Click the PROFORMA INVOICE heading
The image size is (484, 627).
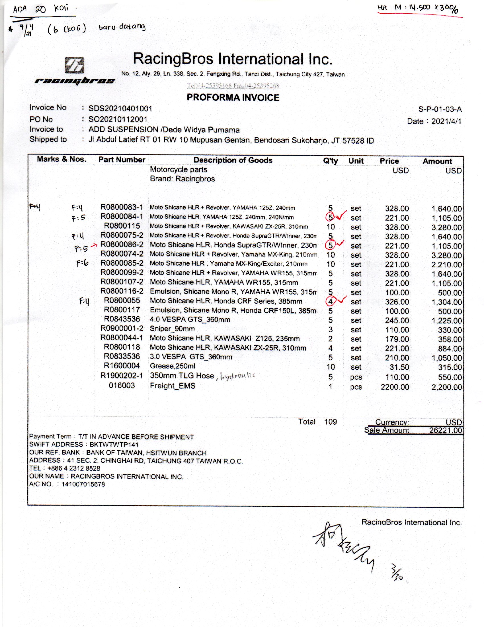(x=233, y=97)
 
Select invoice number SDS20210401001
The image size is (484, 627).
(x=120, y=109)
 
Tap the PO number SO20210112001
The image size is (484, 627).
(x=118, y=119)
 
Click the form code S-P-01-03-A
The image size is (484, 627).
(x=440, y=109)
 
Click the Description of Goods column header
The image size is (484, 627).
(x=233, y=160)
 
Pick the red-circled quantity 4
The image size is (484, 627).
(x=330, y=302)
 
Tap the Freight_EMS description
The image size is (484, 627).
(x=173, y=386)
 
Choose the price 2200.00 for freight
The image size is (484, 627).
(x=395, y=387)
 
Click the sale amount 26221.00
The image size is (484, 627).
(x=446, y=430)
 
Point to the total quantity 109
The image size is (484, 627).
(x=330, y=422)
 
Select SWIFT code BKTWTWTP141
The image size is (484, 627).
(x=114, y=445)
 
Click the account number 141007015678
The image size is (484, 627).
(x=83, y=484)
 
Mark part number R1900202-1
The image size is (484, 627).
(x=122, y=376)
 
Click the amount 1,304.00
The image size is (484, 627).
(x=446, y=302)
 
